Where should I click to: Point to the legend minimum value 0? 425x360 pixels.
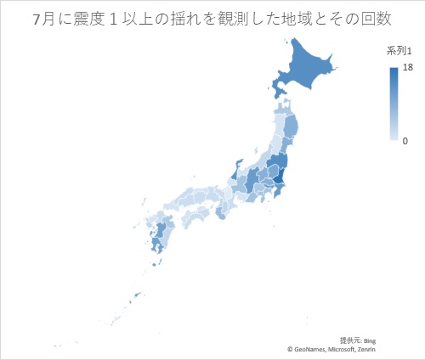click(x=405, y=140)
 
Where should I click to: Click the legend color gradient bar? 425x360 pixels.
click(x=394, y=104)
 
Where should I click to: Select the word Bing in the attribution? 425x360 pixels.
click(x=368, y=340)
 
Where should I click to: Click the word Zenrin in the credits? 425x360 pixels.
click(x=364, y=349)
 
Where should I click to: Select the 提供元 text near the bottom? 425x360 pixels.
click(x=349, y=340)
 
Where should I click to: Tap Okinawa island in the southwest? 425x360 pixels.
click(x=135, y=296)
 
